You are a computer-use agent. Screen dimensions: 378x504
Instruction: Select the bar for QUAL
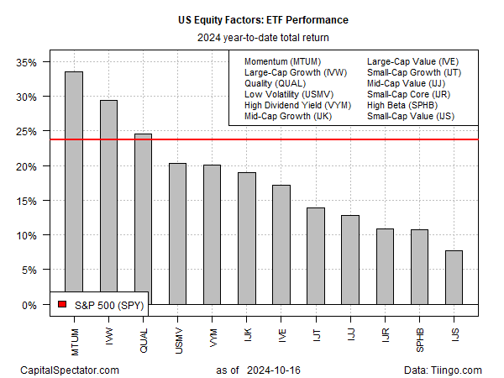(143, 218)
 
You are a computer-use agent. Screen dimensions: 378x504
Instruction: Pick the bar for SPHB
(419, 266)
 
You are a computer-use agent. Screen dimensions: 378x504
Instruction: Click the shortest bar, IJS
(454, 276)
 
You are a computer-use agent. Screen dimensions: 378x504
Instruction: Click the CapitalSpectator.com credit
(69, 370)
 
